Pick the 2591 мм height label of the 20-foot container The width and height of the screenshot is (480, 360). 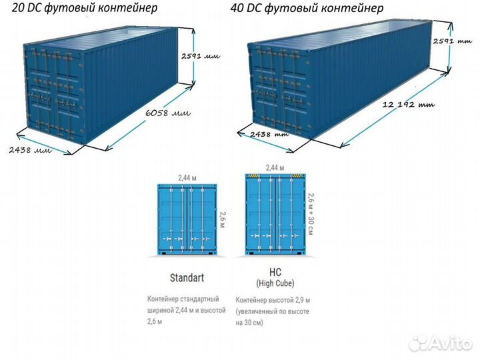point(199,57)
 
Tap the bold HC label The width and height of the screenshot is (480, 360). point(275,272)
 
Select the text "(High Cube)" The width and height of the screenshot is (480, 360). point(275,283)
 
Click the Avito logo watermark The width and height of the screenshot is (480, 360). point(440,343)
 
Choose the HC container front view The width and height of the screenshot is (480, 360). point(274,214)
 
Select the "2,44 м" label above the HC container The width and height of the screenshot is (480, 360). point(274,167)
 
